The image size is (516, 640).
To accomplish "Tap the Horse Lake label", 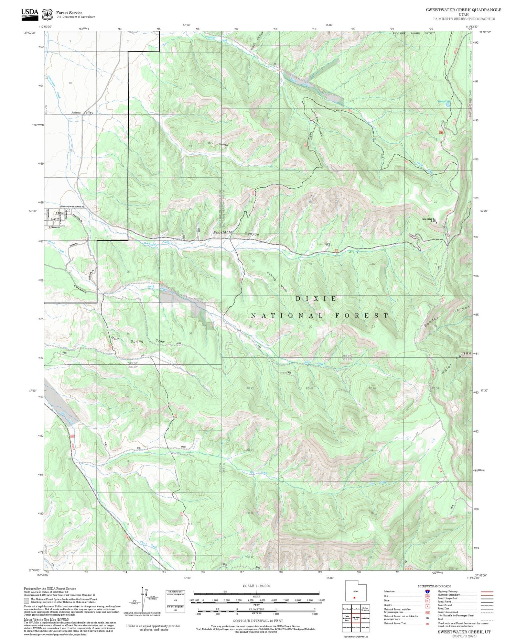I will (444, 101).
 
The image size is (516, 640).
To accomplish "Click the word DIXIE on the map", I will (316, 299).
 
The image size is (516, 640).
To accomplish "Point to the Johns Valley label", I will (82, 112).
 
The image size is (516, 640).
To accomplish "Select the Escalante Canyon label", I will (236, 233).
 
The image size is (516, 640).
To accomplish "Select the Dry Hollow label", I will (218, 144).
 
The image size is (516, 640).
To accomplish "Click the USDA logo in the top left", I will (30, 13).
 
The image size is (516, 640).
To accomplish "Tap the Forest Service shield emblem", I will (47, 14).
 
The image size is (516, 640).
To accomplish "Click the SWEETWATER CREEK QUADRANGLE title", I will (463, 10).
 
